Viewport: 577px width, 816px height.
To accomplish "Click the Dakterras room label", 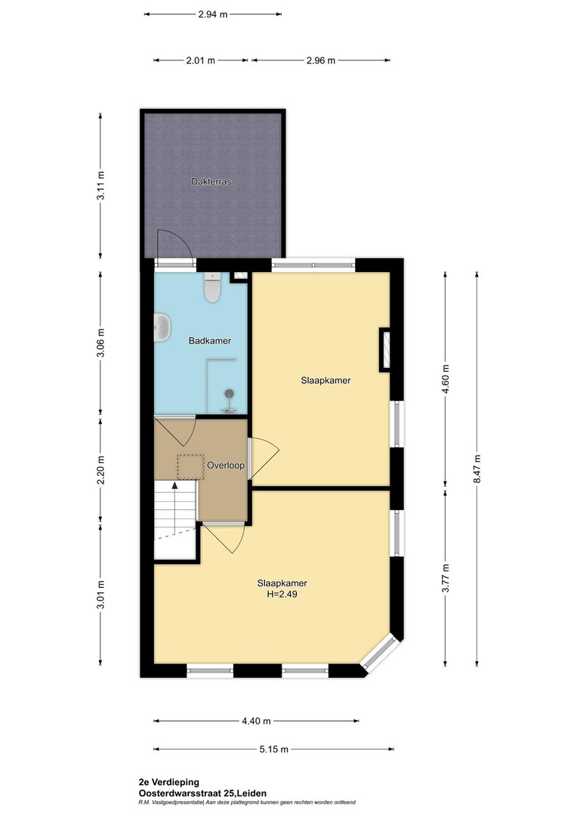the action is (x=211, y=181).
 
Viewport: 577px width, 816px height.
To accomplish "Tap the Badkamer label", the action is (x=210, y=341).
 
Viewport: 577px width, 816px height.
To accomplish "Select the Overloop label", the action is (x=226, y=465).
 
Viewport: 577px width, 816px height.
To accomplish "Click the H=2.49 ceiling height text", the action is (x=282, y=595).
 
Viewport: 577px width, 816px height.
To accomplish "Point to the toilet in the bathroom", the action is (x=211, y=288).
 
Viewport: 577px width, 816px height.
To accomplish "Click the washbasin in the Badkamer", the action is (x=162, y=328).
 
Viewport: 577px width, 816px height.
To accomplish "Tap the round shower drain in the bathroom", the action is (x=230, y=394).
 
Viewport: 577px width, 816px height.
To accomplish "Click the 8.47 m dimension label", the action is (x=477, y=469).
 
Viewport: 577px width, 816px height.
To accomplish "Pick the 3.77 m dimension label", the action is (x=446, y=578).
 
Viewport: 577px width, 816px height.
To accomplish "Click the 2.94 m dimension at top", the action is (x=213, y=14).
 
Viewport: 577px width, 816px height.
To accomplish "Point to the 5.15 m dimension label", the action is (x=273, y=750).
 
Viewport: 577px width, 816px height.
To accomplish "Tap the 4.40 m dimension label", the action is (x=256, y=722).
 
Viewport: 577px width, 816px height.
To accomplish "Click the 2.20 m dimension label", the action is (x=101, y=470).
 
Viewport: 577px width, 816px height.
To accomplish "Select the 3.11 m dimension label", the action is (x=101, y=185).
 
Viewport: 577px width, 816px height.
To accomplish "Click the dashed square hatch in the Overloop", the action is (x=190, y=467).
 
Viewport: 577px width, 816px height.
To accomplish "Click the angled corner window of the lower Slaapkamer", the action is (x=381, y=651).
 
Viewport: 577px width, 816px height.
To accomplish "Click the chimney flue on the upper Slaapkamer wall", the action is (x=385, y=349).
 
